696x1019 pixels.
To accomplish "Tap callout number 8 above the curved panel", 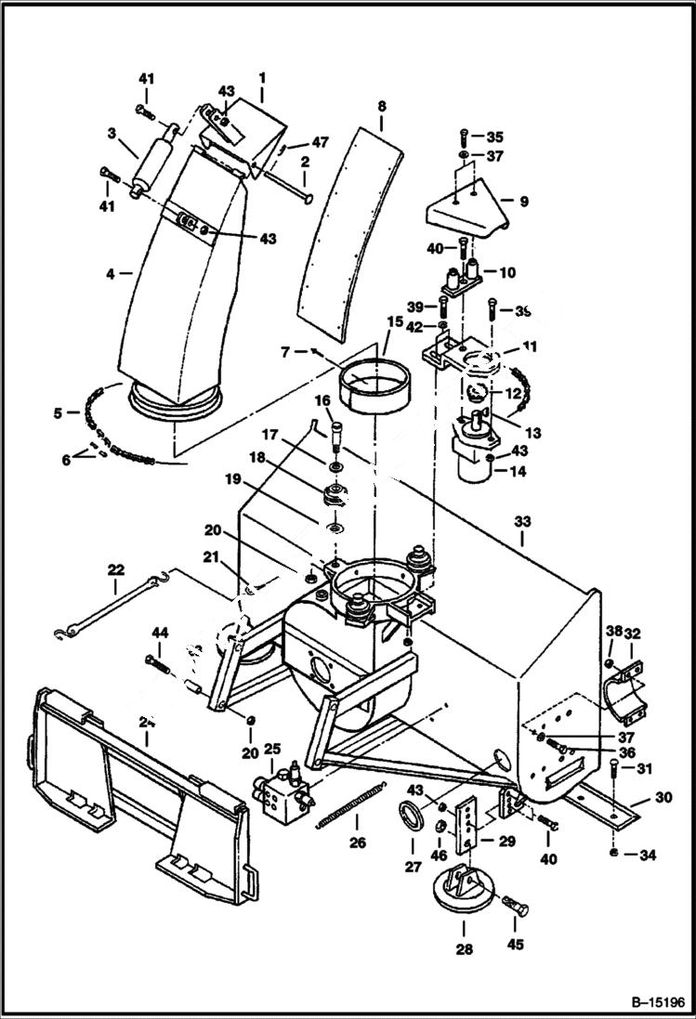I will point(381,107).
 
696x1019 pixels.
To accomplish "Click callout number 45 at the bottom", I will point(515,945).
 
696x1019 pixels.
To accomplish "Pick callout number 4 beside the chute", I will point(110,273).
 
